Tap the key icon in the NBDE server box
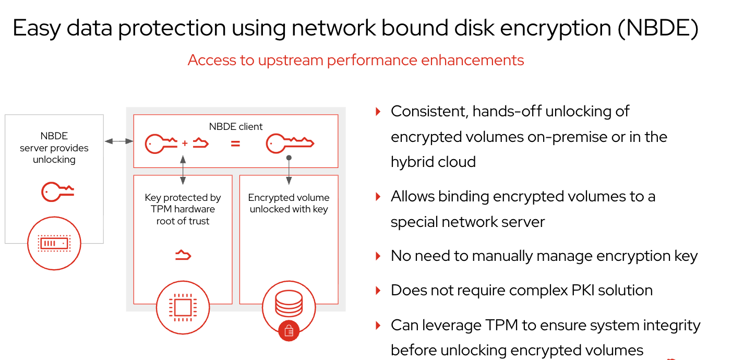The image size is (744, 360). click(x=57, y=191)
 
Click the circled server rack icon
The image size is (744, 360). click(x=54, y=243)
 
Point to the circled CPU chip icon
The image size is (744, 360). click(x=182, y=307)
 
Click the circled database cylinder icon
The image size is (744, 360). click(x=289, y=303)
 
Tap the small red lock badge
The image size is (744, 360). click(x=289, y=330)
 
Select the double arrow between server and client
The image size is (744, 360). click(x=118, y=141)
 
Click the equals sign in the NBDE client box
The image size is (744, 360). click(x=235, y=143)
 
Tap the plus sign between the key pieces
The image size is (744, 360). click(x=185, y=143)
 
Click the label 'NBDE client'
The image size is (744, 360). click(x=236, y=126)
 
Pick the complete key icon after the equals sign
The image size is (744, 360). click(x=290, y=143)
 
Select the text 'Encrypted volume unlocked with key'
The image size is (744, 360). click(x=289, y=203)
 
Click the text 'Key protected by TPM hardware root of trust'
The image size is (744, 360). click(x=183, y=209)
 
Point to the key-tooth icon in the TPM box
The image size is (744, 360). click(x=183, y=255)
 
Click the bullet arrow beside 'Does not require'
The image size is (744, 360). click(x=378, y=290)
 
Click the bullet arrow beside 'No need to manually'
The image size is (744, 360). click(x=378, y=256)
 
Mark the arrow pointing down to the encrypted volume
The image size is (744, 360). click(x=289, y=172)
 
